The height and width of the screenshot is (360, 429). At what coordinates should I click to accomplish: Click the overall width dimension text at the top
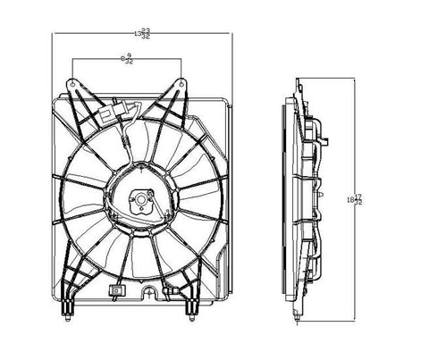tap(140, 33)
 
